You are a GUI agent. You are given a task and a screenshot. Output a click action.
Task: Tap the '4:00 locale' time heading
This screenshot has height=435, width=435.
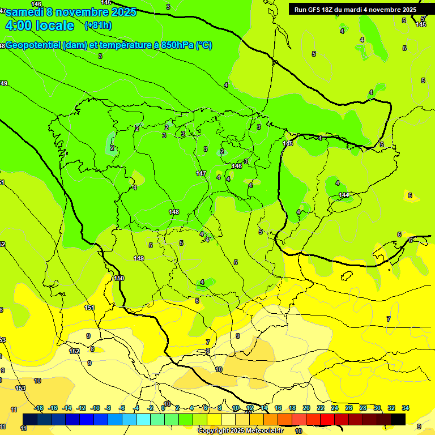pyautogui.click(x=40, y=25)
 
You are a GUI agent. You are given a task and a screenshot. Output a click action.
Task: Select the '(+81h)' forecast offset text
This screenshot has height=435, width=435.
pyautogui.click(x=98, y=25)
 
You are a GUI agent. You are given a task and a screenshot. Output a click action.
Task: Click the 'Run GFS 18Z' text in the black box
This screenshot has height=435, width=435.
pyautogui.click(x=313, y=9)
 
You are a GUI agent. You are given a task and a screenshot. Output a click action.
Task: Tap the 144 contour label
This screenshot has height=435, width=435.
pyautogui.click(x=344, y=195)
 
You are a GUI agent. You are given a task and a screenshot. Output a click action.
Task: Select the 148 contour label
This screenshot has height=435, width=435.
pyautogui.click(x=174, y=212)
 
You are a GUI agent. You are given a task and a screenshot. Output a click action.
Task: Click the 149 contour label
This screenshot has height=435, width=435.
pyautogui.click(x=139, y=258)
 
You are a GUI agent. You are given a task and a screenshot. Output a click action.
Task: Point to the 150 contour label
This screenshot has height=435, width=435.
pyautogui.click(x=119, y=278)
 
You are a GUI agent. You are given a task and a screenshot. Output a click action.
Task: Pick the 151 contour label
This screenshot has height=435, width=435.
pyautogui.click(x=89, y=308)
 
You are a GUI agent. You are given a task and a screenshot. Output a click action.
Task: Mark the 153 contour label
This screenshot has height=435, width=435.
pyautogui.click(x=20, y=388)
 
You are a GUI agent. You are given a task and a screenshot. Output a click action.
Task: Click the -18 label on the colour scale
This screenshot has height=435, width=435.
pyautogui.click(x=39, y=408)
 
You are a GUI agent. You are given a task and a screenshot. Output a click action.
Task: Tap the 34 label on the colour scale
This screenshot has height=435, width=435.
pyautogui.click(x=406, y=408)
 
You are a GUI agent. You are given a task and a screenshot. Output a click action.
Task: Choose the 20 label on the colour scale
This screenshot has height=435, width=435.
pyautogui.click(x=306, y=408)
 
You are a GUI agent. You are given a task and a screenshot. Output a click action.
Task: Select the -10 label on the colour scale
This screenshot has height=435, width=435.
pyautogui.click(x=95, y=408)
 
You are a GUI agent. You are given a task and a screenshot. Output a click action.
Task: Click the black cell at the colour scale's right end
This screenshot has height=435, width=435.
pyautogui.click(x=398, y=419)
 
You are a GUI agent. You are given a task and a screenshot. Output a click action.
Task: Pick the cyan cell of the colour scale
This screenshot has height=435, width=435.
pyautogui.click(x=143, y=419)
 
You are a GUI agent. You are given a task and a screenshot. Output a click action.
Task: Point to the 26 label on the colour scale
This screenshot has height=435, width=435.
pyautogui.click(x=349, y=408)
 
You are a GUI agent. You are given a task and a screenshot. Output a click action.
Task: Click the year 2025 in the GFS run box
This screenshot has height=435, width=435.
pyautogui.click(x=407, y=9)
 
